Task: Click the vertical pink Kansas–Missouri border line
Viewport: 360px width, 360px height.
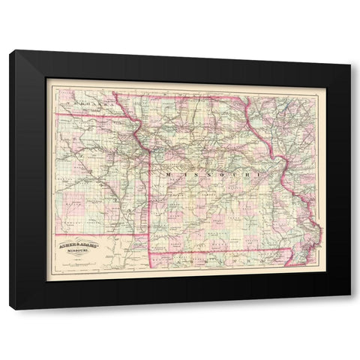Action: pos(149,195)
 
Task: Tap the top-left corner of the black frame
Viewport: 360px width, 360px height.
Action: pos(10,51)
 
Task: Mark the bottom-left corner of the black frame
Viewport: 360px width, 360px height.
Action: pos(10,308)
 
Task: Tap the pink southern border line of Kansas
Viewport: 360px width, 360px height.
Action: pos(97,234)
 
